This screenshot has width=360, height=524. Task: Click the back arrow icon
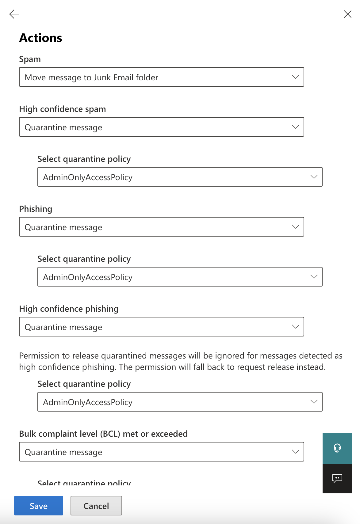pos(14,14)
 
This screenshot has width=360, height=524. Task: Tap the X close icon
pos(347,14)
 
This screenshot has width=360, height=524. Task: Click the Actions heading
pos(40,38)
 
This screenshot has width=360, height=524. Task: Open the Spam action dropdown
pos(161,77)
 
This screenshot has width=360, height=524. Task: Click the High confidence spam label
pos(63,109)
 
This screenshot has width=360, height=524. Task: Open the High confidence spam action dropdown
pos(161,127)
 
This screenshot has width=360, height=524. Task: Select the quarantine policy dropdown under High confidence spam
pos(180,177)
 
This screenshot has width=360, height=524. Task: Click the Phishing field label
pos(36,209)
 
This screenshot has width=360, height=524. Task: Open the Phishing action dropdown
pos(161,227)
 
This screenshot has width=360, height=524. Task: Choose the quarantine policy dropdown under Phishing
pos(180,277)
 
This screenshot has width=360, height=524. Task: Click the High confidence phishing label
pos(69,309)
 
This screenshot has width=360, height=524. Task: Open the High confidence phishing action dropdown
pos(161,327)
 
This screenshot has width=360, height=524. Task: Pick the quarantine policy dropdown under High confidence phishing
pos(180,402)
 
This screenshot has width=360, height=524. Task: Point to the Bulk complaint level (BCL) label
pos(103,434)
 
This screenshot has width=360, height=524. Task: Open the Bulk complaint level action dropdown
pos(161,452)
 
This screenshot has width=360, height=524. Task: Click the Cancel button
pos(96,506)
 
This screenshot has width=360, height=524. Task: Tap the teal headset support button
pos(337,448)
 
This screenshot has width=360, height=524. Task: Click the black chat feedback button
pos(337,478)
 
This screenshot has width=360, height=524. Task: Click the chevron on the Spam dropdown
pos(295,77)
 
